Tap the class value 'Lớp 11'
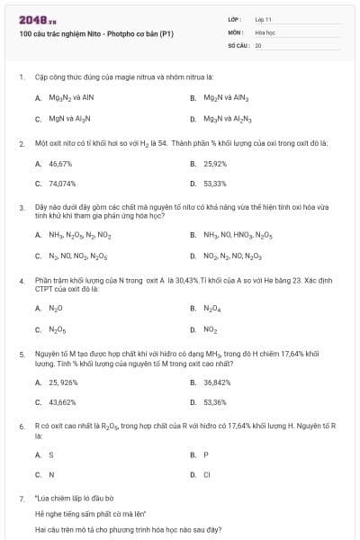coord(264,18)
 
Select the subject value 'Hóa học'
coord(265,31)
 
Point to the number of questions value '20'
coord(258,43)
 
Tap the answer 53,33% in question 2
coord(215,184)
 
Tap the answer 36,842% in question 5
coord(217,382)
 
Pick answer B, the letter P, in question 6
coord(206,454)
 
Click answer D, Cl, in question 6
coord(207,474)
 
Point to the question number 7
coord(21,497)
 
